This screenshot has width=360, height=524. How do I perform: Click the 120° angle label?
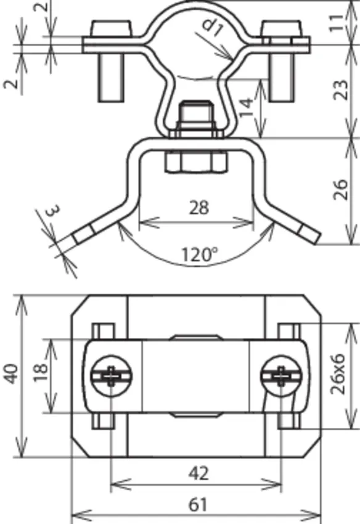[x=199, y=255]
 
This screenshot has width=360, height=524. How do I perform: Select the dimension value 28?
[x=199, y=208]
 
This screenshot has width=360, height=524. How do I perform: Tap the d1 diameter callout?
[x=213, y=27]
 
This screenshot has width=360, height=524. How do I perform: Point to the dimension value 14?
[x=247, y=107]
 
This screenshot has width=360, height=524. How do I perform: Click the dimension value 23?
[x=341, y=89]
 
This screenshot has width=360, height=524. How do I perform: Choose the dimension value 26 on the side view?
[x=341, y=190]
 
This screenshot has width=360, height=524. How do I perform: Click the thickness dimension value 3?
[x=54, y=211]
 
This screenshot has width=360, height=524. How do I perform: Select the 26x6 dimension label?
[x=337, y=374]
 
